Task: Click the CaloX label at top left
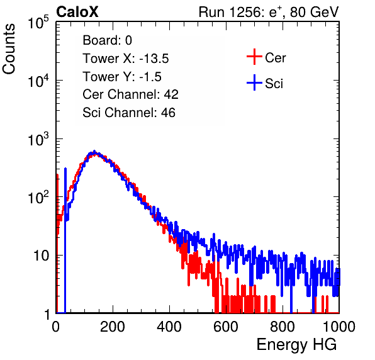click(x=77, y=12)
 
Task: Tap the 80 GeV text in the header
click(x=315, y=12)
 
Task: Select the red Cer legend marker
click(x=254, y=57)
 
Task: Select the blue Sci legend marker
click(x=254, y=82)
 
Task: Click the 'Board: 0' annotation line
click(x=108, y=40)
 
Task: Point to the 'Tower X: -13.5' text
click(x=126, y=59)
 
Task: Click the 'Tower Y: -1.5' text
click(x=122, y=77)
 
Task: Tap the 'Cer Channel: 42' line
click(x=131, y=94)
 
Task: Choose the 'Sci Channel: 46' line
click(x=129, y=113)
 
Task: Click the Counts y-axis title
click(x=9, y=49)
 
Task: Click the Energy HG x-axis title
click(x=296, y=345)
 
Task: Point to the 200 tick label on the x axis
click(x=113, y=327)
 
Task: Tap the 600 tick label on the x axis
click(x=226, y=327)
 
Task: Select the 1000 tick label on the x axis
click(x=339, y=327)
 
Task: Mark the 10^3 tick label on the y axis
click(x=38, y=139)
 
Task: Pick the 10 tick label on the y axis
click(x=41, y=256)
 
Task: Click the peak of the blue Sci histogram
click(x=94, y=152)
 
